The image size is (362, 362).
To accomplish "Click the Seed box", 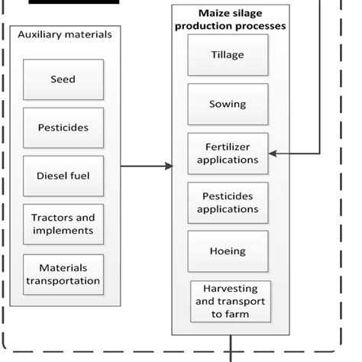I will tap(63, 79).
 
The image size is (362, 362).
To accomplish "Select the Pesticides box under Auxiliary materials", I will tap(63, 128).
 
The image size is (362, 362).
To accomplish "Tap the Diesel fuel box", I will tap(63, 176).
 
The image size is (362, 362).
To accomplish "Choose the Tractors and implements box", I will tap(63, 224).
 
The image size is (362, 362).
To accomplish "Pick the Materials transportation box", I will tap(63, 273).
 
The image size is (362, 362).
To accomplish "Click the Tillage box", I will tap(228, 55).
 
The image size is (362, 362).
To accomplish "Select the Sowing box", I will tap(228, 104).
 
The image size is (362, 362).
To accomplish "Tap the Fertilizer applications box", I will tap(228, 154).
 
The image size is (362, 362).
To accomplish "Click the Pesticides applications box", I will tap(228, 202).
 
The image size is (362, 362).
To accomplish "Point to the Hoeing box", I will tap(228, 251).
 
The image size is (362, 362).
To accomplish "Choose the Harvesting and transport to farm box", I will tap(231, 301).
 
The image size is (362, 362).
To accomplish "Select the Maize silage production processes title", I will tap(230, 20).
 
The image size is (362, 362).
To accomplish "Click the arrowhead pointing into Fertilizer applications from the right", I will tap(273, 154).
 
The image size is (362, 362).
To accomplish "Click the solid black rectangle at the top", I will tap(75, 2).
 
